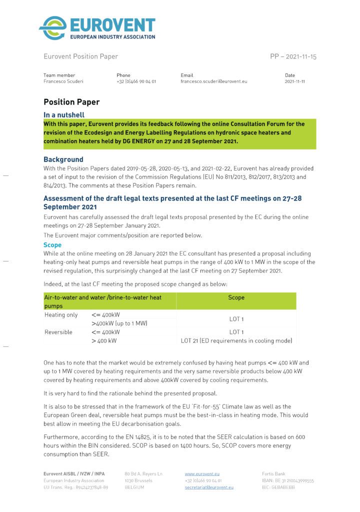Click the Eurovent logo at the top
point(97,28)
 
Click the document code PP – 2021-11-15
point(293,56)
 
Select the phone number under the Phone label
point(136,81)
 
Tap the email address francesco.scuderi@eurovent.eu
point(213,81)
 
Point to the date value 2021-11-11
point(294,81)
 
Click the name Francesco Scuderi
point(64,81)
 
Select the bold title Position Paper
point(71,102)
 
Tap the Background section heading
point(63,159)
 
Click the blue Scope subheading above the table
point(52,245)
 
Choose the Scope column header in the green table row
point(236,297)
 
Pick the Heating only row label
point(61,315)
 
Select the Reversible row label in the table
point(58,332)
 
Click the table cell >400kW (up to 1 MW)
point(119,323)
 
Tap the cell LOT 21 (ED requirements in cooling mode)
point(236,340)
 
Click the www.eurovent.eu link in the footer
point(202,473)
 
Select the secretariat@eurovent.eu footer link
point(209,487)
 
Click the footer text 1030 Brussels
point(138,480)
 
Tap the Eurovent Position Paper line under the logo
point(81,56)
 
